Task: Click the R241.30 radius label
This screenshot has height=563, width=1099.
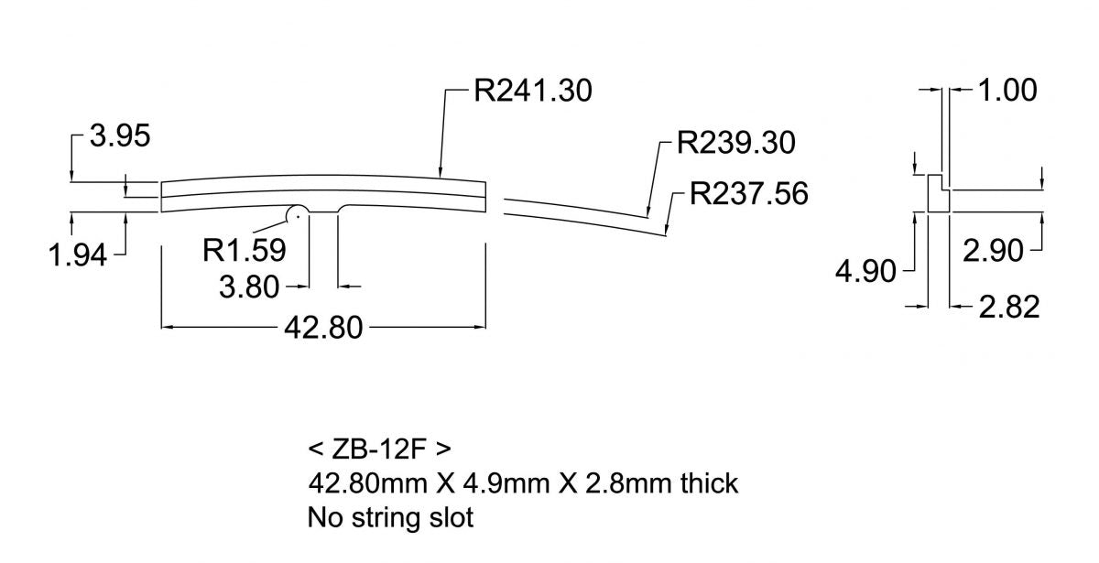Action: pos(533,92)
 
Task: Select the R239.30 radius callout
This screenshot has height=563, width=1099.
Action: pos(735,144)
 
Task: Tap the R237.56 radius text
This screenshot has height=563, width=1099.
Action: pos(749,195)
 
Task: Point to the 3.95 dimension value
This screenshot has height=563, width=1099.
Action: pos(119,137)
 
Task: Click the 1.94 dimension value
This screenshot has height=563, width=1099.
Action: pos(78,254)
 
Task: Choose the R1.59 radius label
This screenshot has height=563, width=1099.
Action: pos(245,248)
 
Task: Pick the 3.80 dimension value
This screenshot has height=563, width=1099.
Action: pos(248,287)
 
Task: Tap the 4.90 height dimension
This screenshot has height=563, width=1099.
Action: pos(865,272)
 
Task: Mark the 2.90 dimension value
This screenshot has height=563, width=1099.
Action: pos(993,250)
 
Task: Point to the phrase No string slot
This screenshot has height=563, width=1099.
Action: pos(390,517)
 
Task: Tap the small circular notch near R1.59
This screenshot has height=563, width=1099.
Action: pos(295,213)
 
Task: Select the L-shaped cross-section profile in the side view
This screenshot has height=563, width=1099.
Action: pos(937,193)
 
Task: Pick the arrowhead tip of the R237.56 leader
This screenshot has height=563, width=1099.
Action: pos(668,236)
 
